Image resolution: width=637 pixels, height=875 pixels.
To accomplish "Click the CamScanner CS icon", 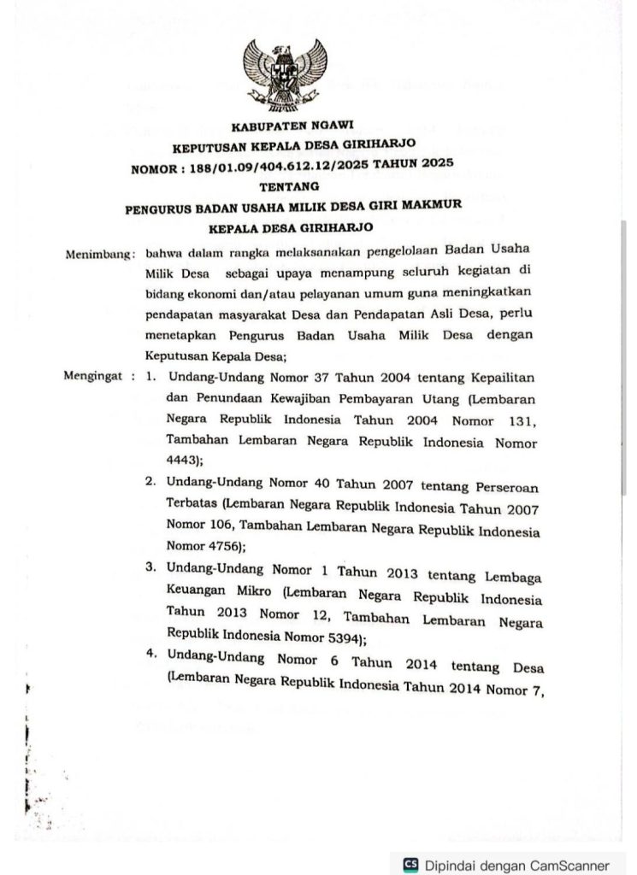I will (410, 863).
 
